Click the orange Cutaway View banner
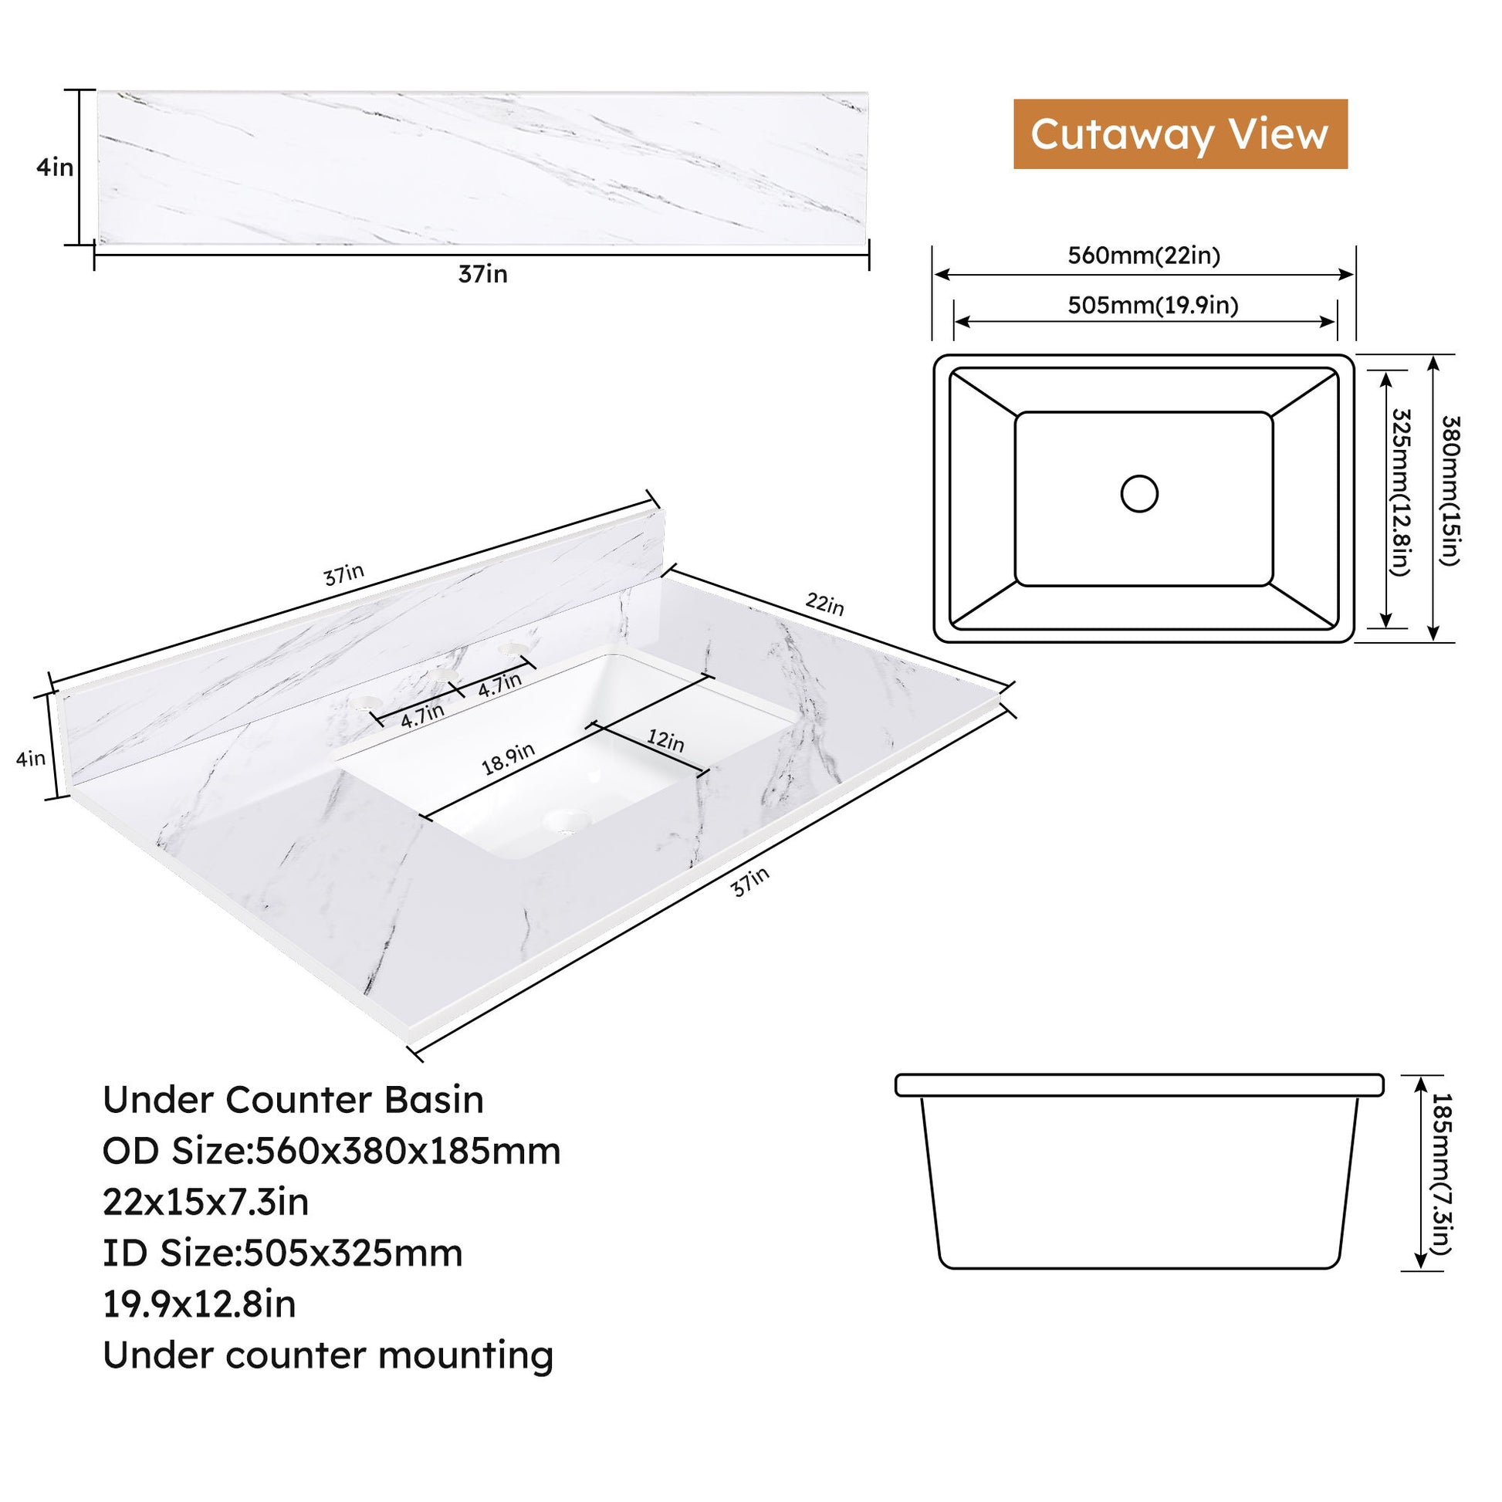coord(1179,134)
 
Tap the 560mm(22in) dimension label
coord(1144,255)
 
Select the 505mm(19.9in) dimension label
coord(1153,305)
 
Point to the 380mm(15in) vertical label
coord(1451,491)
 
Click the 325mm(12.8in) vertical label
coord(1400,492)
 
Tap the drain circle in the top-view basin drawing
coord(1139,493)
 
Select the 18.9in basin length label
coord(509,759)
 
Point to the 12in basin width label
coord(665,740)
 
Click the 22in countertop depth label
coord(824,603)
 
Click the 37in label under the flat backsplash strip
coord(483,275)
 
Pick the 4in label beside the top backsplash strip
coord(55,167)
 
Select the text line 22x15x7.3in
coord(206,1202)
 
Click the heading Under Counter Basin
coord(293,1100)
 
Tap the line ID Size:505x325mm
coord(283,1253)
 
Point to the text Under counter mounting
coord(328,1356)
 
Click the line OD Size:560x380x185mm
coord(332,1152)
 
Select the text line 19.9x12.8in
coord(200,1304)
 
